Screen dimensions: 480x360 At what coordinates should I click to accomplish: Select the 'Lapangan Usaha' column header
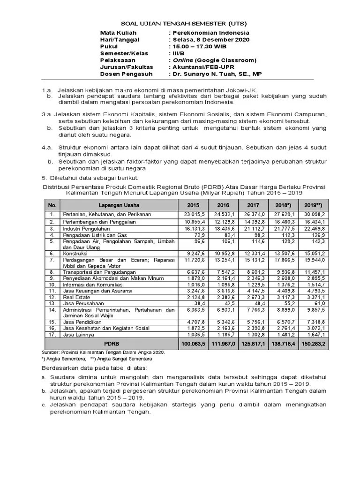(119, 205)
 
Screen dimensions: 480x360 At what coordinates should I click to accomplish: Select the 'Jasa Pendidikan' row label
(81, 322)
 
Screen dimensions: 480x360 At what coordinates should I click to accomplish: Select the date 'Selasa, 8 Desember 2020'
(211, 40)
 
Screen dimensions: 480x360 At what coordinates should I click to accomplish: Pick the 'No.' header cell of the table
(52, 205)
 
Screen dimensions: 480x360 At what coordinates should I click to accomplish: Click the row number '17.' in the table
(52, 335)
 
